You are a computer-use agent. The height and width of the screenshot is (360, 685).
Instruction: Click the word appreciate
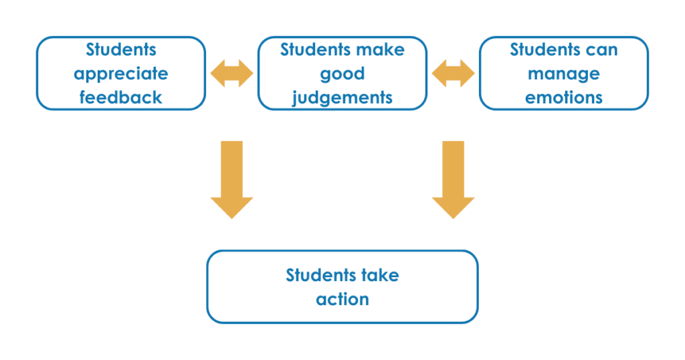(120, 74)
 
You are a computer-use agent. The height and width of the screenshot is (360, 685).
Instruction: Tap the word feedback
(120, 97)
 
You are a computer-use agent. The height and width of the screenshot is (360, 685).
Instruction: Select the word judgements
(342, 98)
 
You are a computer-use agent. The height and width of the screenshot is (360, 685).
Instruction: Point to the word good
(342, 74)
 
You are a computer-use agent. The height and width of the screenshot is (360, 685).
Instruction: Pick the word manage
(563, 74)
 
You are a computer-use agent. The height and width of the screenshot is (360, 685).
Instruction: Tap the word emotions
(563, 97)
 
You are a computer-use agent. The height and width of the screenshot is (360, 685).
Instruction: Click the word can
(603, 50)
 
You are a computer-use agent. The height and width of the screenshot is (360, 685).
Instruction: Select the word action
(342, 299)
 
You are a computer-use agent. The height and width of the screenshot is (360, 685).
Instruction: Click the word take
(381, 275)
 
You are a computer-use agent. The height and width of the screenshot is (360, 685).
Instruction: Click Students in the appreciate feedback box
(121, 50)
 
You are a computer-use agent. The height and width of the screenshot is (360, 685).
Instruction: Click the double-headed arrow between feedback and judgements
(231, 73)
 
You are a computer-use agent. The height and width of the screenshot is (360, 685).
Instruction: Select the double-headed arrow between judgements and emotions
(453, 73)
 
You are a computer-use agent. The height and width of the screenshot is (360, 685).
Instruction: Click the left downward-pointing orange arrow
(231, 179)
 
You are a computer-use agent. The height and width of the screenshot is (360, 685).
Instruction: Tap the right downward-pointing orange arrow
(453, 179)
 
